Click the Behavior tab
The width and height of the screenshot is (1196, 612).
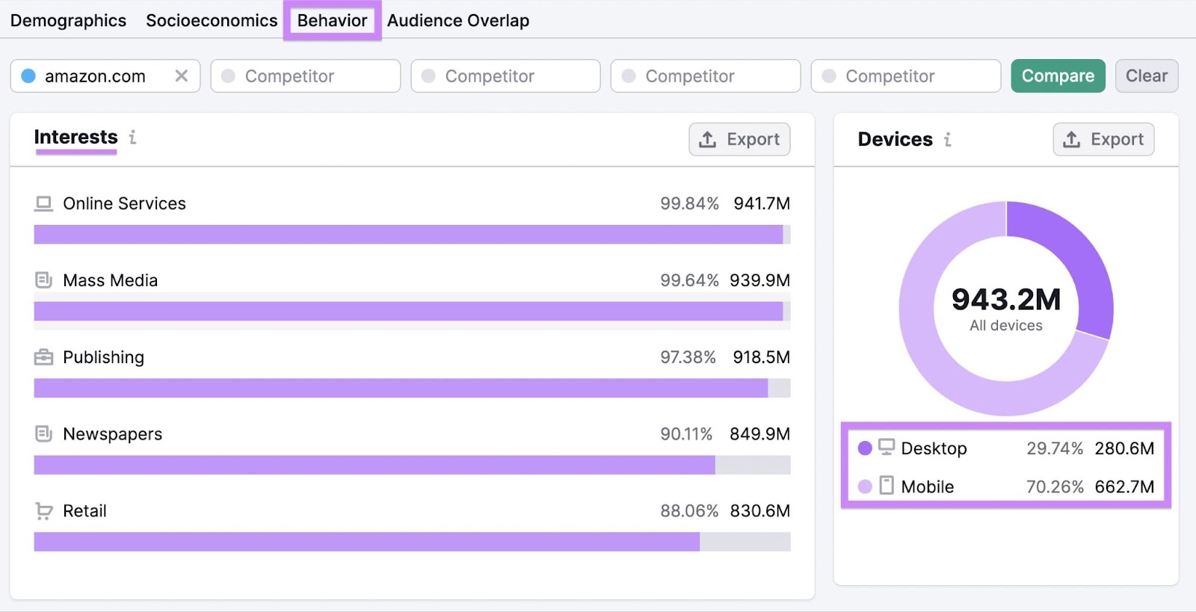332,21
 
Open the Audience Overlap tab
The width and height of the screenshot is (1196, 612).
457,21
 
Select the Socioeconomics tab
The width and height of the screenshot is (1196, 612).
212,21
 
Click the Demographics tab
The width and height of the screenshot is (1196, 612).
68,21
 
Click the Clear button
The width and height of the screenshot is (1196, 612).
1146,76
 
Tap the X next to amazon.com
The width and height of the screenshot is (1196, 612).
181,76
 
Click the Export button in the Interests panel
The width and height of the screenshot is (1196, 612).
739,140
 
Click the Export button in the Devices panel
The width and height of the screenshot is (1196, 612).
1103,140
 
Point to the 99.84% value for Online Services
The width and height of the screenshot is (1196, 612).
688,204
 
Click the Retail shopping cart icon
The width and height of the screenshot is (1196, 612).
44,511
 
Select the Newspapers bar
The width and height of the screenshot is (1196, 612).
374,465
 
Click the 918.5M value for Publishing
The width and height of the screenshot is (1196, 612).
761,357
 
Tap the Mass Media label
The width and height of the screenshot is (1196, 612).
110,281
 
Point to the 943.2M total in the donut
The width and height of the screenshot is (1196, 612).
1005,300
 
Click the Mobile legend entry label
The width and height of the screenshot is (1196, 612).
927,487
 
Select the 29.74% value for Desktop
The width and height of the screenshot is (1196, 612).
1054,448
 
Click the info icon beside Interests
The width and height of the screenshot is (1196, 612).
132,137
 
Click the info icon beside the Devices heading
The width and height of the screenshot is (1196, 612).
947,140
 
